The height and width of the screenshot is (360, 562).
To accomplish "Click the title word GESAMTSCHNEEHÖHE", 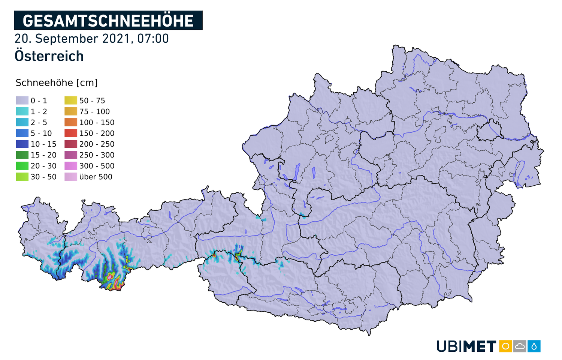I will [x=108, y=21].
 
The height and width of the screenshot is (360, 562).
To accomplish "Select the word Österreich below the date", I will [x=49, y=56].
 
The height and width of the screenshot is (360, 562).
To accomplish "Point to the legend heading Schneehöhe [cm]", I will [x=57, y=83].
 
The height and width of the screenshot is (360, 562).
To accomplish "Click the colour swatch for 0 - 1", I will [x=22, y=100].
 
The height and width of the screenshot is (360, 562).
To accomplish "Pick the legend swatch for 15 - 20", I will [x=22, y=155].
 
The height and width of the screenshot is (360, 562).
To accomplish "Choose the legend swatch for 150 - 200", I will [x=71, y=133].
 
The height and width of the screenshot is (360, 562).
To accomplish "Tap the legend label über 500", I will [x=96, y=177].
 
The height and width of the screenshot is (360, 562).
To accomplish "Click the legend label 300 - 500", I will [x=97, y=166].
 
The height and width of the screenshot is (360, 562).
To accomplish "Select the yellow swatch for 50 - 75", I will [x=71, y=100].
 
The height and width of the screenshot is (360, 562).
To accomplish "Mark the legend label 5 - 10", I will [x=41, y=133].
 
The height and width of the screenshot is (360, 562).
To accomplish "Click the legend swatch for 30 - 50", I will [x=22, y=177].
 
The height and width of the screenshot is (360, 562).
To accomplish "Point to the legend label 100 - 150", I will [x=97, y=122].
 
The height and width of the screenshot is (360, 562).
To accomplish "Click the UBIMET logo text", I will [x=466, y=346].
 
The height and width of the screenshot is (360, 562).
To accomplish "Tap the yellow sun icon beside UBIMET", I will [x=505, y=346].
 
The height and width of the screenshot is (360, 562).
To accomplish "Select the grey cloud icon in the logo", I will [x=520, y=346].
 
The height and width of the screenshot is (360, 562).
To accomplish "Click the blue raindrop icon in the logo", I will [x=534, y=346].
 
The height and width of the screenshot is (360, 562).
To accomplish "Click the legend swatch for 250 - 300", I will [x=71, y=155].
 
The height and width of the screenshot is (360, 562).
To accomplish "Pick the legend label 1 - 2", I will [x=39, y=111].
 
